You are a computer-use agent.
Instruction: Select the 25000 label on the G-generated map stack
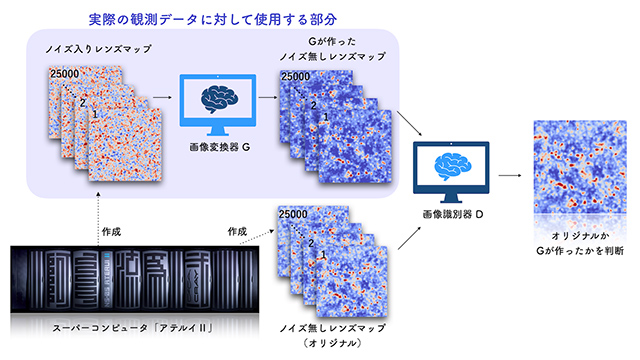pos(296,76)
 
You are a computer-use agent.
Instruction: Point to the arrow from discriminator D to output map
pos(509,173)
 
